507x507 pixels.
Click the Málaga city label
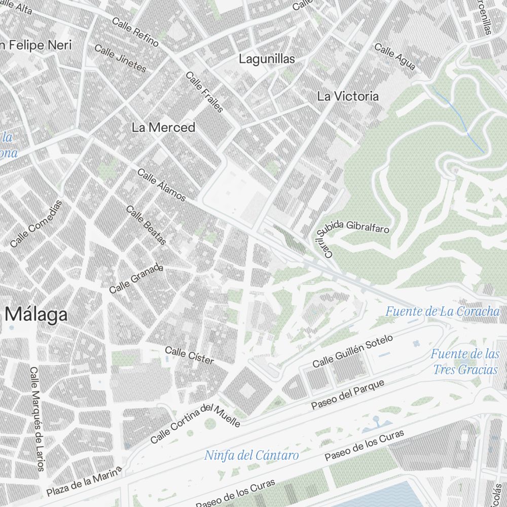(37, 314)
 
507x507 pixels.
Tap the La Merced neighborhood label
(163, 127)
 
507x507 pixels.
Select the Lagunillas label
(267, 59)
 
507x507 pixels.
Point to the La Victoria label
(348, 96)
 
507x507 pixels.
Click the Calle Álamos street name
(162, 185)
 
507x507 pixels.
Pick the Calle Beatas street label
(146, 225)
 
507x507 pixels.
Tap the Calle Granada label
(136, 278)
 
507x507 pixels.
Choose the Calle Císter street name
(190, 355)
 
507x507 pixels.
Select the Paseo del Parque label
(348, 394)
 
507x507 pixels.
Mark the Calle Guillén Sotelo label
(352, 351)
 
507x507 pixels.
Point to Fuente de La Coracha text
(443, 311)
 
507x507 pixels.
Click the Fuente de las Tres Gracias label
(465, 361)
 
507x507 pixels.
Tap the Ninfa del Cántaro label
(251, 455)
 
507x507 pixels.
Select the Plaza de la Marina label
(85, 483)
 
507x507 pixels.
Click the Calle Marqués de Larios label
(37, 419)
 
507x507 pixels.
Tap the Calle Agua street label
(395, 57)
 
